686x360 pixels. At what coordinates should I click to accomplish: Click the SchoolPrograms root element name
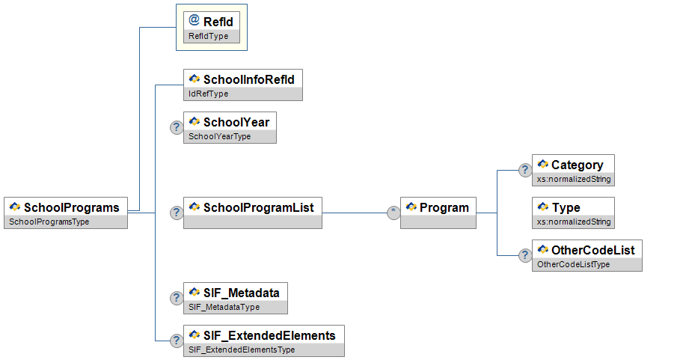pos(72,207)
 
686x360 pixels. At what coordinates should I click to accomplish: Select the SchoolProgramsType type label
pos(49,222)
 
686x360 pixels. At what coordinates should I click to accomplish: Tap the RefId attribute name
pos(218,22)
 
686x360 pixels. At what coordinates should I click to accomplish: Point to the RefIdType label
pos(209,36)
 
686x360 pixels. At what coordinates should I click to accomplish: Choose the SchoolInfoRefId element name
pos(249,79)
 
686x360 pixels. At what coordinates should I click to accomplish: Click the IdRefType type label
pos(209,94)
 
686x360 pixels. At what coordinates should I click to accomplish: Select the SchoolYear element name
pos(236,122)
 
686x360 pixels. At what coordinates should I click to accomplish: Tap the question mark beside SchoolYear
pos(177,127)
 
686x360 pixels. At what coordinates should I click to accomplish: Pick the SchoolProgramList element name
pos(258,207)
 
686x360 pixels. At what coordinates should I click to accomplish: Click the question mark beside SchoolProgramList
pos(177,213)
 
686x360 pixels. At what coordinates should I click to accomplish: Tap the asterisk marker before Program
pos(393,213)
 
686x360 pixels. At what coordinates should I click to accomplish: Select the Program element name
pos(444,207)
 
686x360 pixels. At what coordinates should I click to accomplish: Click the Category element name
pos(577,165)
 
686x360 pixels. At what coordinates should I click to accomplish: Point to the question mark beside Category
pos(525,170)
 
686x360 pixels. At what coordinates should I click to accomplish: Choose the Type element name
pos(566,207)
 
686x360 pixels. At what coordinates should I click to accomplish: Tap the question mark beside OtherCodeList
pos(525,255)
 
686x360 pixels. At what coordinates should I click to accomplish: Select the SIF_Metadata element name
pos(241,293)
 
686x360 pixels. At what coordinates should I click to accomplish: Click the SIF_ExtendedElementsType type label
pos(242,350)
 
